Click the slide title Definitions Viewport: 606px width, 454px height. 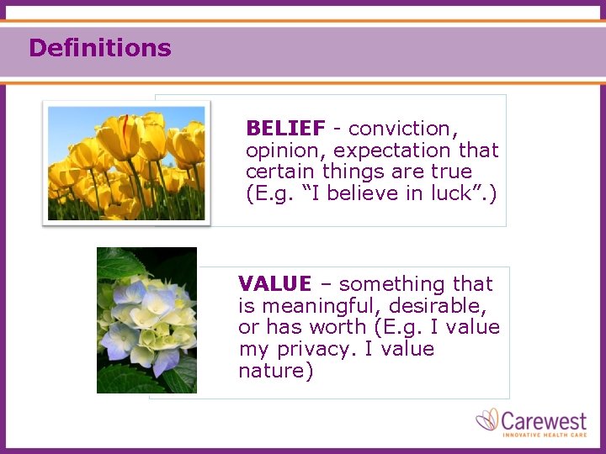point(99,48)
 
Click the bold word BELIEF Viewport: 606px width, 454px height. point(285,129)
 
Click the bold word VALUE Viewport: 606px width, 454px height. point(274,284)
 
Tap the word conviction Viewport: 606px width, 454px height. point(402,129)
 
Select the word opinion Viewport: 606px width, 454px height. point(284,150)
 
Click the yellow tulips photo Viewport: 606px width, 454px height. point(126,163)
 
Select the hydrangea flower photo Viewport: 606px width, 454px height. point(146,319)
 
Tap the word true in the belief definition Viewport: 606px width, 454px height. point(452,172)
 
